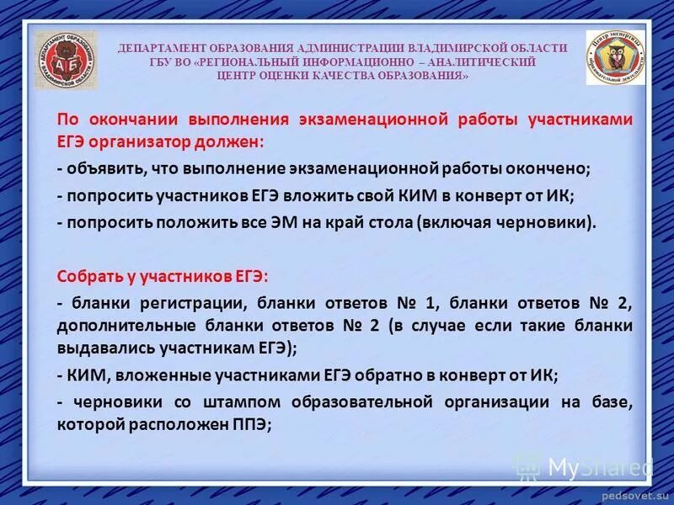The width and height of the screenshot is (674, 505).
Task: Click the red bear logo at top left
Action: tap(66, 61)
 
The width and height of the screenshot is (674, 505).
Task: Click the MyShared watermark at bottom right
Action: tap(586, 465)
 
